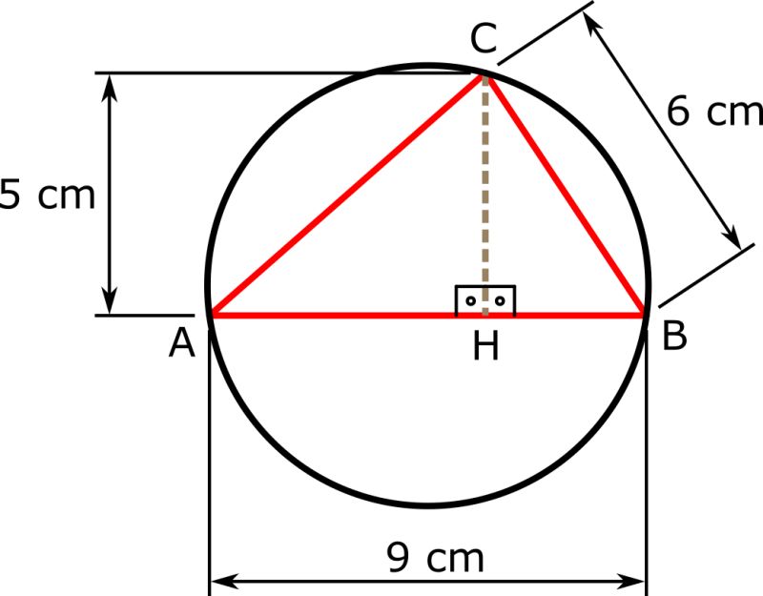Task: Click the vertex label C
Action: click(x=484, y=41)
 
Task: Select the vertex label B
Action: click(x=674, y=337)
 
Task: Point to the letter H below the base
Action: click(x=486, y=348)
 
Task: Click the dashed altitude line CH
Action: click(x=486, y=191)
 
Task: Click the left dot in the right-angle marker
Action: click(x=469, y=301)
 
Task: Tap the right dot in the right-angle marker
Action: click(x=500, y=301)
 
